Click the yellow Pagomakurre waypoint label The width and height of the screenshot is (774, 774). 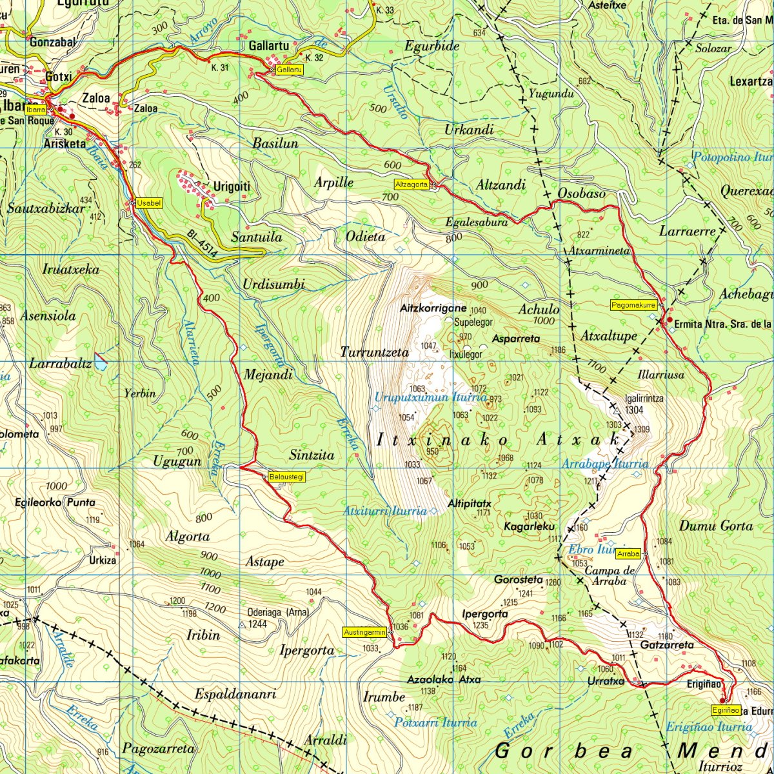pos(633,304)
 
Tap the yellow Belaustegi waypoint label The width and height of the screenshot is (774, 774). pos(286,477)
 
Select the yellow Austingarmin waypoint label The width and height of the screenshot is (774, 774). pos(365,631)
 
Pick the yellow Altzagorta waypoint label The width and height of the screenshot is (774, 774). pos(412,184)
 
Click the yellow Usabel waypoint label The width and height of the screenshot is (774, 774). pos(149,203)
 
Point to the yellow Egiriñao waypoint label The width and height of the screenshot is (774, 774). pos(726,709)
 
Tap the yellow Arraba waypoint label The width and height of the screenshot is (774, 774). pos(628,553)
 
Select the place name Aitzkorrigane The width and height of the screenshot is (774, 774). pos(433,308)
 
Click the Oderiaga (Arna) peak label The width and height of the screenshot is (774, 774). pos(278,612)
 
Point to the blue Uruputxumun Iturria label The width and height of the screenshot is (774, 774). pos(431,398)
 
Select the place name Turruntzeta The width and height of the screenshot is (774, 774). pos(375,352)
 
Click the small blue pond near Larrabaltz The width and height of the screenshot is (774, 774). pos(101,362)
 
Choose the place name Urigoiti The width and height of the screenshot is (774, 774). pos(231,187)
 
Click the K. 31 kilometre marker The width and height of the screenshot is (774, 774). pos(220,66)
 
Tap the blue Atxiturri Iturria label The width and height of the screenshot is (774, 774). pos(385,511)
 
